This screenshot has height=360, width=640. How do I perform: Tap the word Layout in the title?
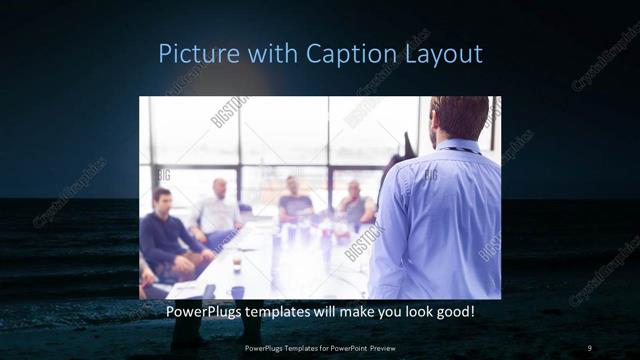pos(437,53)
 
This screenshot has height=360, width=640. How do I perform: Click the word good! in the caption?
pos(452,313)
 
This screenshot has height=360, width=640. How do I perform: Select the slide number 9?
pos(589,348)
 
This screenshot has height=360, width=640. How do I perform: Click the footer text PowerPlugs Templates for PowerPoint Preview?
pos(320,348)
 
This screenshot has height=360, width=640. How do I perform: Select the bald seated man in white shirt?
pos(218,210)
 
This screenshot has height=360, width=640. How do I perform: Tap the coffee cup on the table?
pos(236,266)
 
